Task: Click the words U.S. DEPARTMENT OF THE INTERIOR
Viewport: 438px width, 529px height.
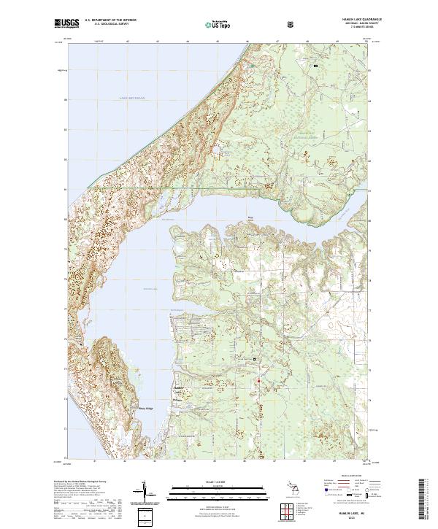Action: (109, 21)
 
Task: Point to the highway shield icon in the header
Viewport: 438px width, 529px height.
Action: (292, 24)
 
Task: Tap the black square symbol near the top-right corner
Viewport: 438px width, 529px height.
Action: (315, 66)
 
